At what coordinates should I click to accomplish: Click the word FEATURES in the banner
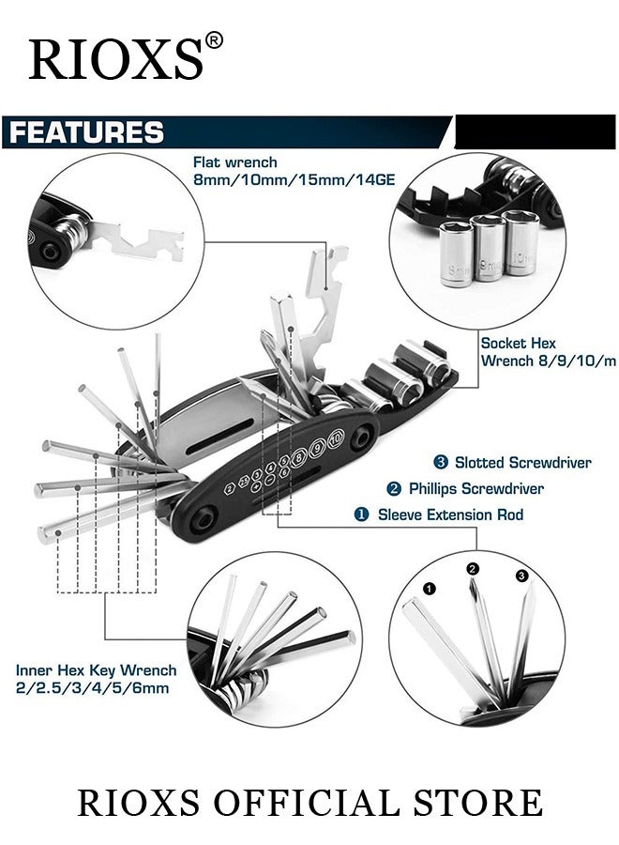pyautogui.click(x=86, y=132)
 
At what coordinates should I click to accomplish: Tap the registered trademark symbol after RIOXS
pyautogui.click(x=214, y=41)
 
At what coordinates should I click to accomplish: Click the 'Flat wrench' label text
pyautogui.click(x=234, y=162)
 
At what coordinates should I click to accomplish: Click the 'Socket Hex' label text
pyautogui.click(x=518, y=344)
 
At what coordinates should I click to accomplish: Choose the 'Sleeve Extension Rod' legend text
pyautogui.click(x=450, y=515)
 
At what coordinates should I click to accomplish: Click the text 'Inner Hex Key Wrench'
pyautogui.click(x=96, y=670)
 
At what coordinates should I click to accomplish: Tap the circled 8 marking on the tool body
pyautogui.click(x=299, y=458)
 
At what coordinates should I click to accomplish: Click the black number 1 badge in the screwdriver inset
pyautogui.click(x=430, y=589)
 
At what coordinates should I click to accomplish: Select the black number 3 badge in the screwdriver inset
pyautogui.click(x=522, y=576)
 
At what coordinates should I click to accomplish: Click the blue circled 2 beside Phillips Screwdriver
pyautogui.click(x=394, y=488)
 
